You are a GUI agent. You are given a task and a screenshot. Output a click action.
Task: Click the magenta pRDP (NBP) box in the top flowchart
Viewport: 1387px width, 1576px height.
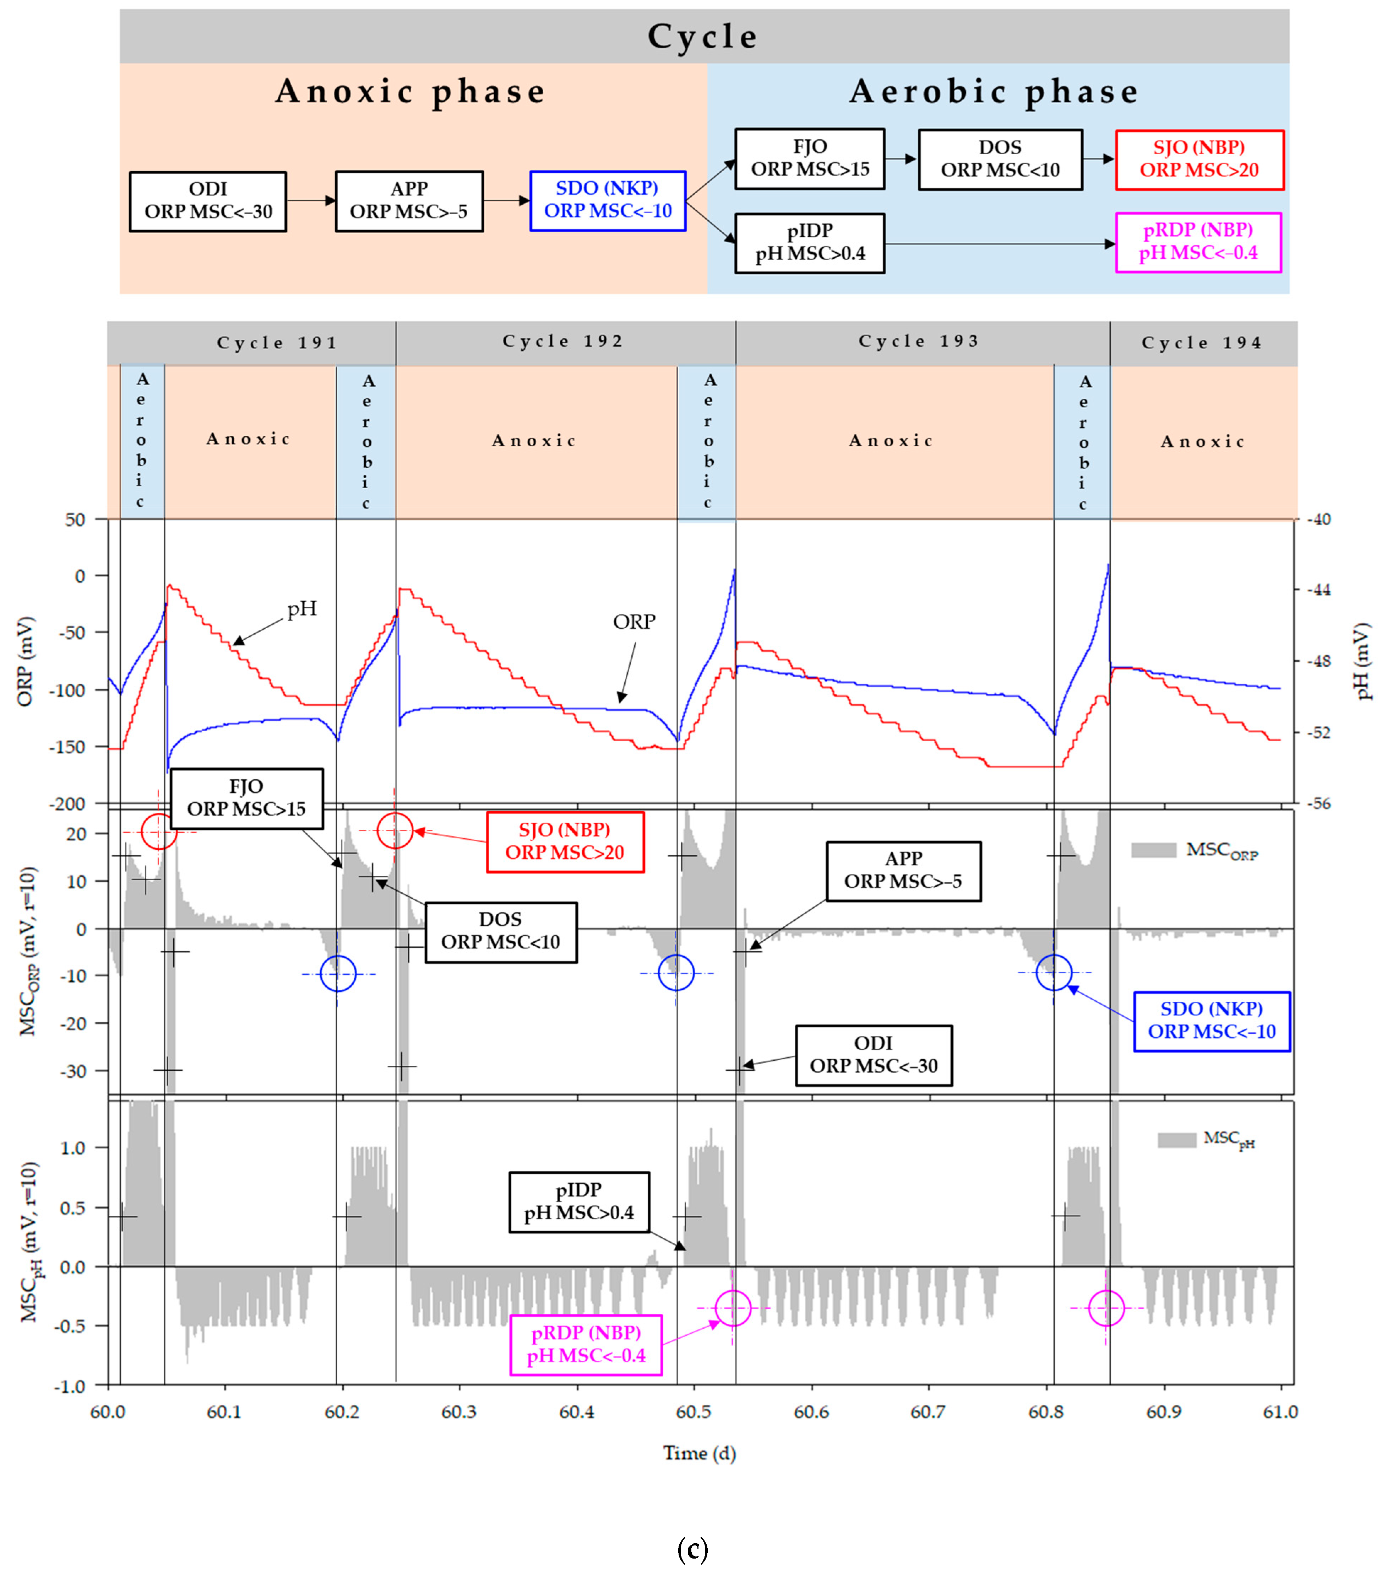point(1198,241)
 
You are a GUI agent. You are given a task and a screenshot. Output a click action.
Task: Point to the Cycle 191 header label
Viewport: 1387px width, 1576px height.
point(277,343)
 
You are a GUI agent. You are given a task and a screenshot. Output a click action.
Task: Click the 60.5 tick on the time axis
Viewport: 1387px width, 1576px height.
point(693,1412)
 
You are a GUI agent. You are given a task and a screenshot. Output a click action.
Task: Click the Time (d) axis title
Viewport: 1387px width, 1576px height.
point(699,1453)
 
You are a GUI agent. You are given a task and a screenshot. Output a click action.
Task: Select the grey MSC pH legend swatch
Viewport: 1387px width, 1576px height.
point(1176,1140)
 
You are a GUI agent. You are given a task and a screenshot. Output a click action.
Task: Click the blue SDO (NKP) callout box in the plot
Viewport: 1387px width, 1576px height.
point(1211,1021)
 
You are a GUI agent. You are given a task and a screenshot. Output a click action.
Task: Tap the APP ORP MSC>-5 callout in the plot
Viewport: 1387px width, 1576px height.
point(903,871)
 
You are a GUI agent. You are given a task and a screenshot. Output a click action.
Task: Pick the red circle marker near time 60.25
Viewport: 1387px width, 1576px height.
point(395,830)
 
